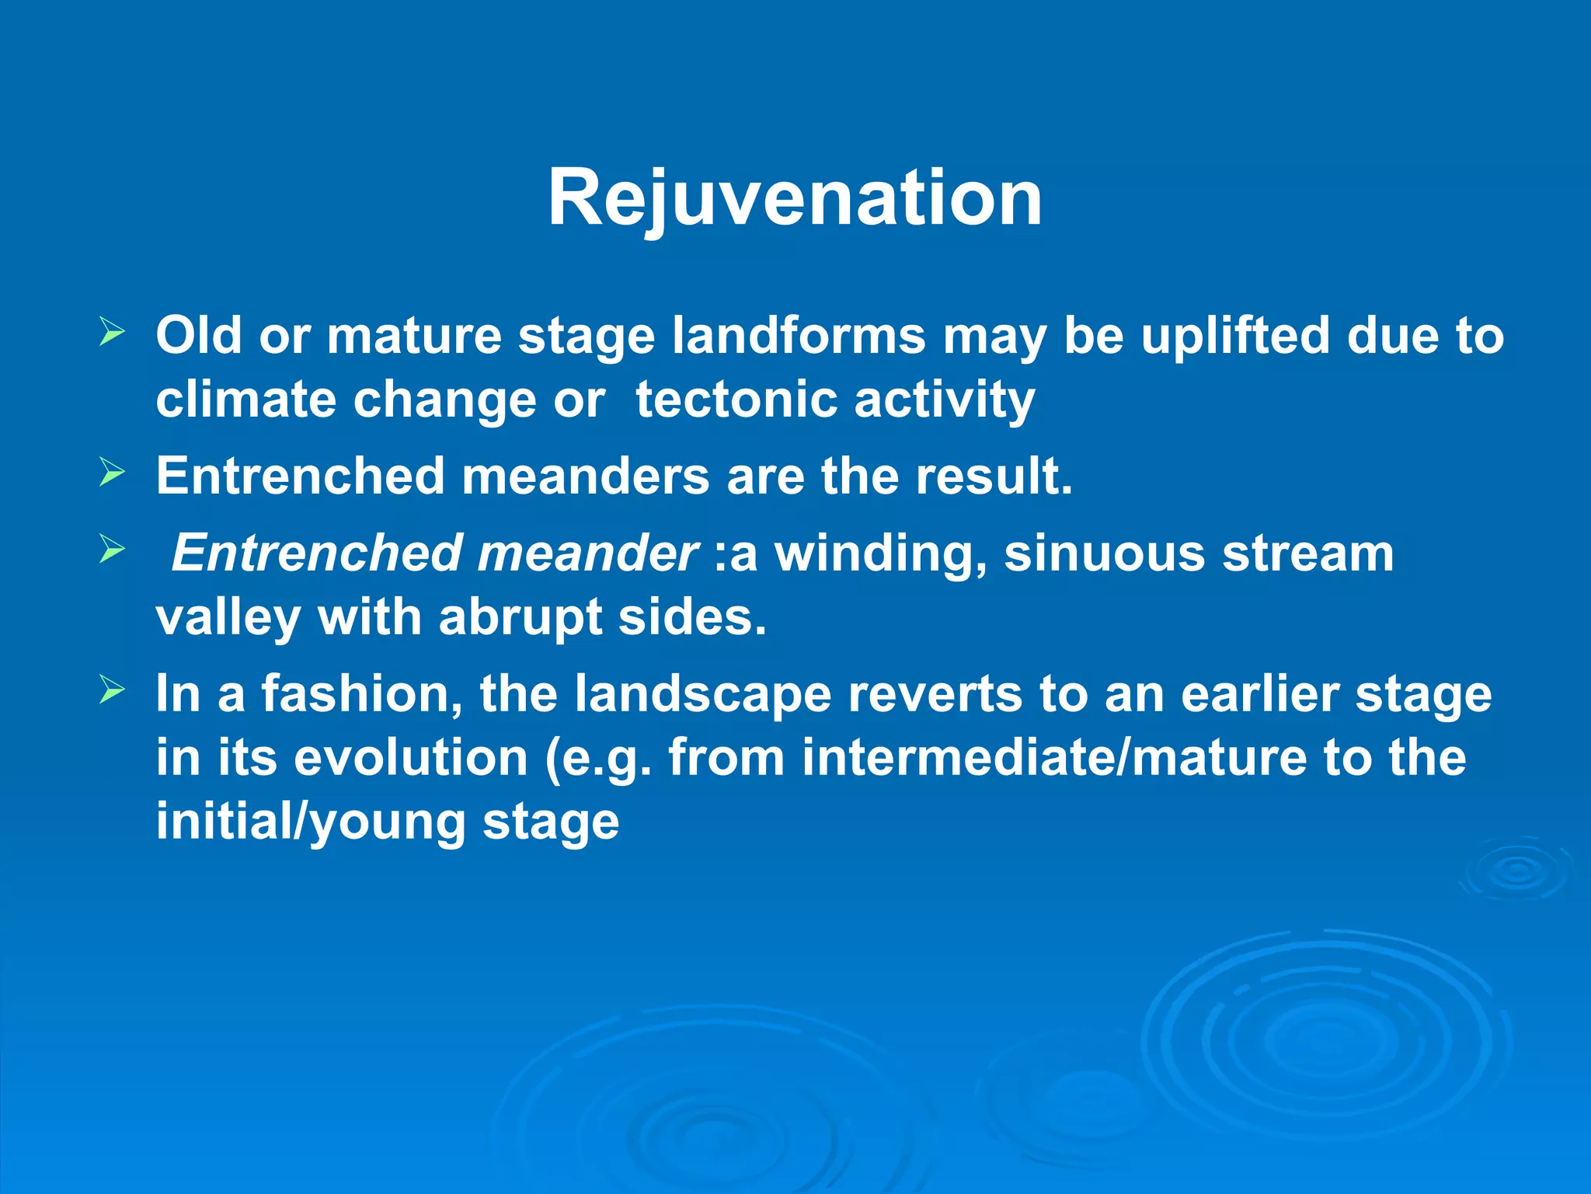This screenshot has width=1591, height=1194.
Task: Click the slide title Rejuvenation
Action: (795, 198)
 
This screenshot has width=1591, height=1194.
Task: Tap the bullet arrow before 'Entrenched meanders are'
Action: (112, 473)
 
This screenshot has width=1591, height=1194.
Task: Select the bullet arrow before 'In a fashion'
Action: (112, 690)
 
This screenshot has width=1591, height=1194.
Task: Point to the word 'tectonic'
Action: (736, 400)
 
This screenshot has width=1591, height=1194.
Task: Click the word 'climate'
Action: (246, 400)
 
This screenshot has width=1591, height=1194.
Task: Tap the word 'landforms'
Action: (799, 336)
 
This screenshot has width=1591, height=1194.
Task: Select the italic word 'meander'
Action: (587, 553)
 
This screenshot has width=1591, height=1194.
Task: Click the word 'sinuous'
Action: (1104, 553)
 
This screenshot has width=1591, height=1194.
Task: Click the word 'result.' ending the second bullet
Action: (994, 476)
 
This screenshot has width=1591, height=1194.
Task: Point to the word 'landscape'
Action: (702, 693)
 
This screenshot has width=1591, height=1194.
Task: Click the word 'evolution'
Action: (411, 758)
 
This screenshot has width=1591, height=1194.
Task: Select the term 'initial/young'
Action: (310, 822)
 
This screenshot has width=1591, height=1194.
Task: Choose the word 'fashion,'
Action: (361, 693)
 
